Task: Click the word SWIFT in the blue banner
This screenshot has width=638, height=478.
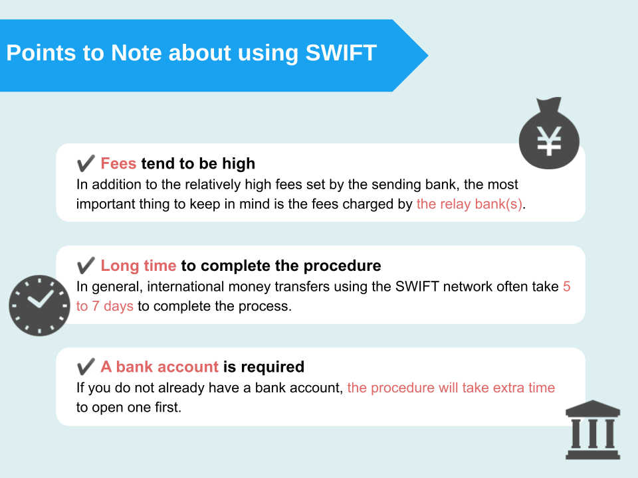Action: point(341,53)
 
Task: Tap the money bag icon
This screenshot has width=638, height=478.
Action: point(550,133)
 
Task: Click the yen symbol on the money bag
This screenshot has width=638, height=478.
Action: point(550,141)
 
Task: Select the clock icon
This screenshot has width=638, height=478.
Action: point(39,305)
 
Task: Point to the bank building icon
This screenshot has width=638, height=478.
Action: point(593,430)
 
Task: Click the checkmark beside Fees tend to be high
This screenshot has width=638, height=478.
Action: point(86,163)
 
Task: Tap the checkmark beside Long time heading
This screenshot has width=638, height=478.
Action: point(86,265)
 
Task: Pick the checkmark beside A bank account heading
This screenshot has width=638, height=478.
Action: point(86,366)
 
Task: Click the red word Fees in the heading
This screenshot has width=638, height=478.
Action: point(118,163)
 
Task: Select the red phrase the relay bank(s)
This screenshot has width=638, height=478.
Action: point(469,204)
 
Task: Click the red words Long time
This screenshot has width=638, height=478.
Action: point(138,266)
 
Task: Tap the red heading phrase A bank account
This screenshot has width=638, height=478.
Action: point(159,366)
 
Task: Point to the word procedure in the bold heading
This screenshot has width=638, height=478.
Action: point(342,266)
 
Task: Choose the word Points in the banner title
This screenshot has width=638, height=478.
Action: point(41,53)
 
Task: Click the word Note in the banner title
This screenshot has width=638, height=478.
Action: point(136,53)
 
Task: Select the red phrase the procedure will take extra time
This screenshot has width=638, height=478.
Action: point(451,388)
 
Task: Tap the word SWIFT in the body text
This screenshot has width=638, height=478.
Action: point(417,287)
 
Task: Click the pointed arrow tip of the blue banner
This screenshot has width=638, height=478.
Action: point(428,55)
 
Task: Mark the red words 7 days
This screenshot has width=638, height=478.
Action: point(113,306)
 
